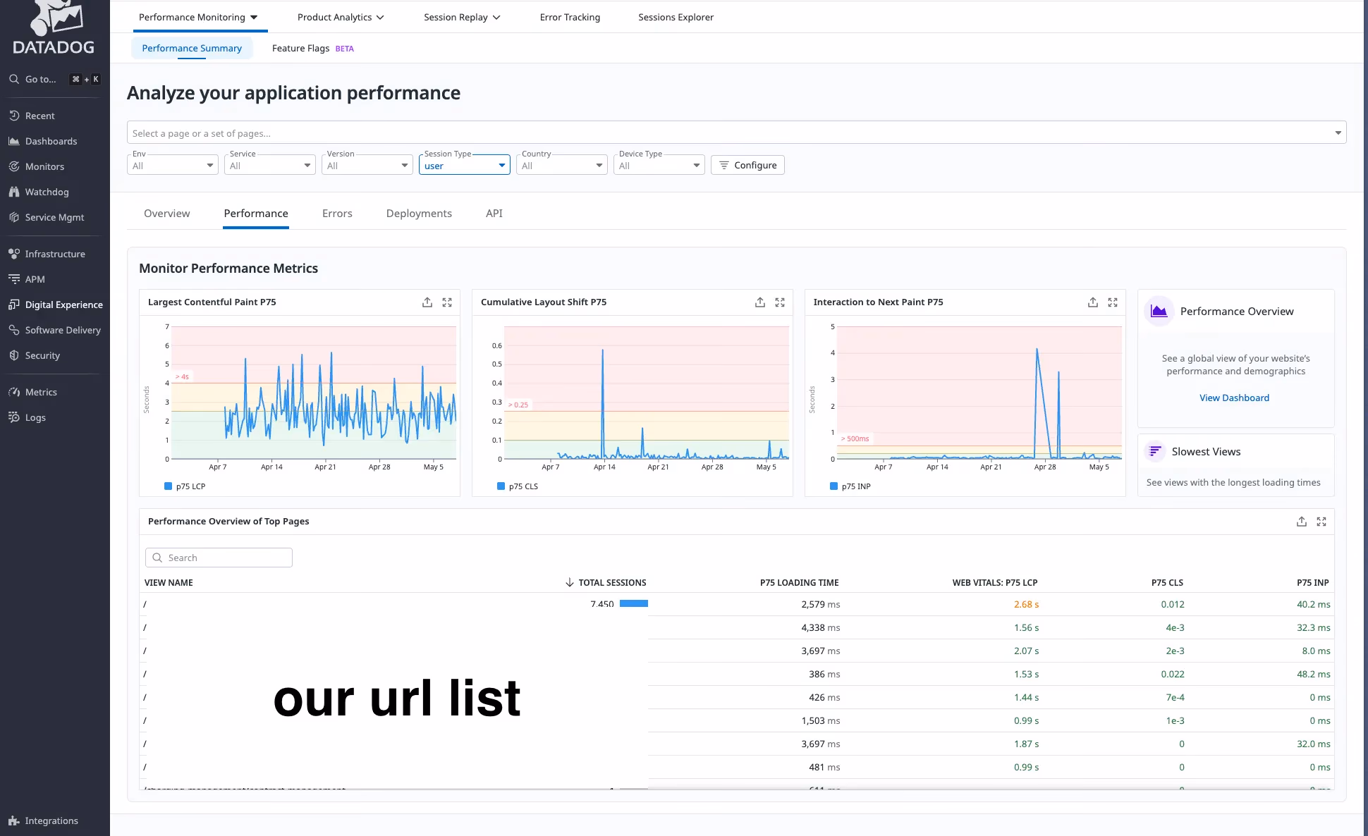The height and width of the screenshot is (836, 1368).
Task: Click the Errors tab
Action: tap(337, 214)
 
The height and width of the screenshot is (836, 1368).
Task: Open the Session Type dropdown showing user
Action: tap(464, 166)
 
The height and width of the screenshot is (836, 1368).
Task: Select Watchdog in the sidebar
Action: tap(47, 192)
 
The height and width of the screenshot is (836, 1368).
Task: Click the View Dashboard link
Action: tap(1234, 398)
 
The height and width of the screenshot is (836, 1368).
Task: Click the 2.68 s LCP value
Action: tap(1026, 604)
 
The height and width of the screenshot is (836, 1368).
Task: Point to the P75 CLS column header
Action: tap(1167, 582)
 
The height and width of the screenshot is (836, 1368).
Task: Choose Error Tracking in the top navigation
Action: tap(570, 17)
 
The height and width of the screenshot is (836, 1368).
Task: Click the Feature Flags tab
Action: tap(301, 48)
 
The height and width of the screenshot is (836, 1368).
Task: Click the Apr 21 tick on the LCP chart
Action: tap(325, 467)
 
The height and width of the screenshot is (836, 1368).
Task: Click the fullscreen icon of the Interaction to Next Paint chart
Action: tap(1113, 302)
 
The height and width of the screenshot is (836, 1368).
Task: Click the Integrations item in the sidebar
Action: tap(51, 820)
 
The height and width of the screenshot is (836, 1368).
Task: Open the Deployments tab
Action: tap(419, 214)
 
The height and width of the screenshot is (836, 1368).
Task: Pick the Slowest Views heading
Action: tap(1206, 452)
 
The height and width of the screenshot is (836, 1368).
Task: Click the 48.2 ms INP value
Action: tap(1313, 674)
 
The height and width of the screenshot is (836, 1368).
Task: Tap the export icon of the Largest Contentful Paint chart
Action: tap(427, 302)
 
